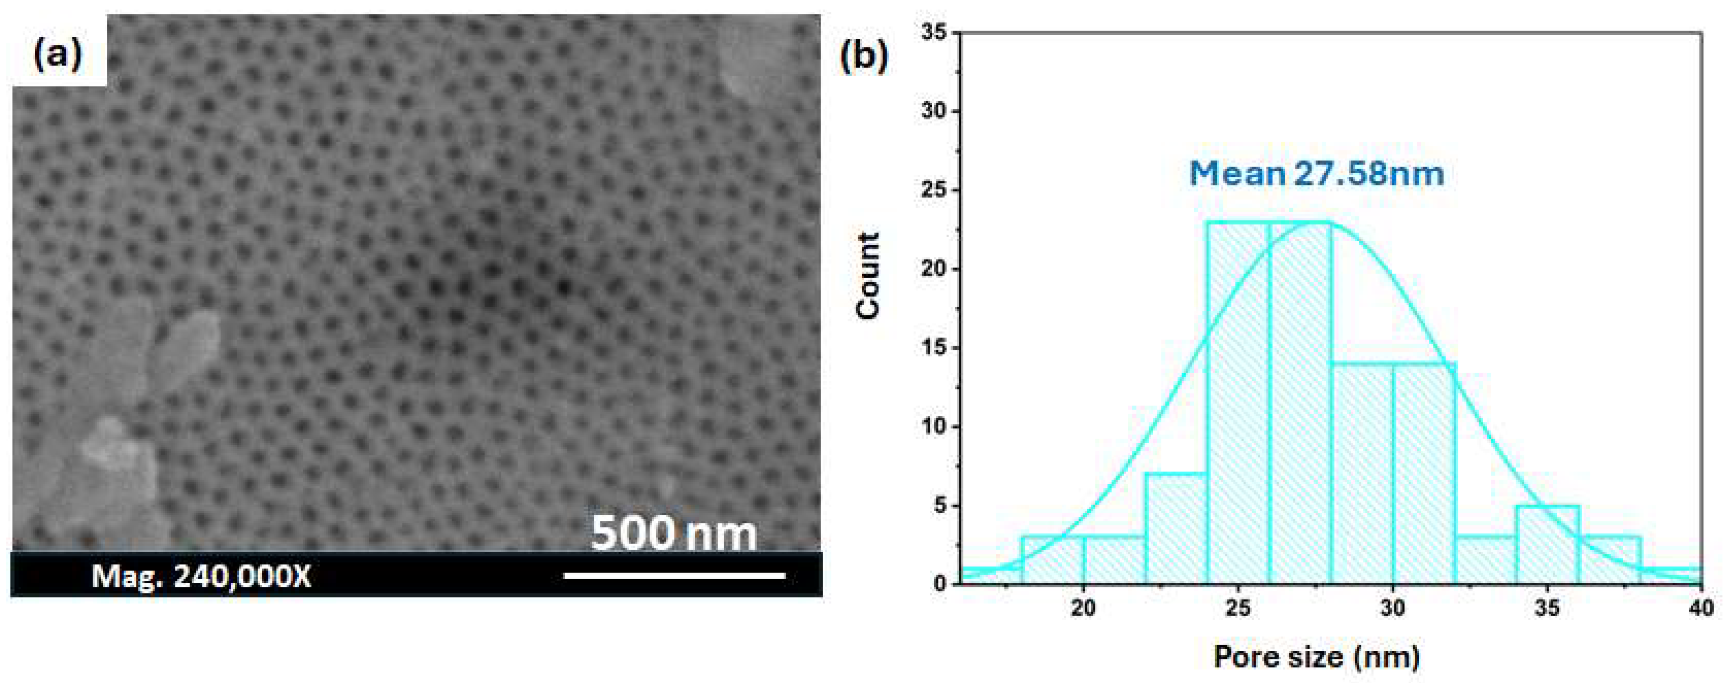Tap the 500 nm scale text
673,534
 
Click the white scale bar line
674,575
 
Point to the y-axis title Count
868,276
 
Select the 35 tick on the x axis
1548,608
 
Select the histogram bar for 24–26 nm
1238,403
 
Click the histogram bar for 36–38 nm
1610,560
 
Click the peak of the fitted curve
1317,222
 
